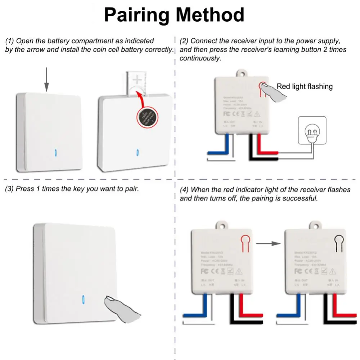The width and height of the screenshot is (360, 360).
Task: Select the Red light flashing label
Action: click(305, 86)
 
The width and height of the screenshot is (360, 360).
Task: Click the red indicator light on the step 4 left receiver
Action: click(245, 242)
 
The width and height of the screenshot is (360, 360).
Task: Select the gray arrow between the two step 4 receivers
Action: click(269, 243)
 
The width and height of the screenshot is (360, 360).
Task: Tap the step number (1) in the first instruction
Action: click(9, 41)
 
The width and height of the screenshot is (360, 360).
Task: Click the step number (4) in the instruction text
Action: click(184, 189)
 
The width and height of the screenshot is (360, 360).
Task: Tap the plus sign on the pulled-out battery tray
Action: click(138, 80)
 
